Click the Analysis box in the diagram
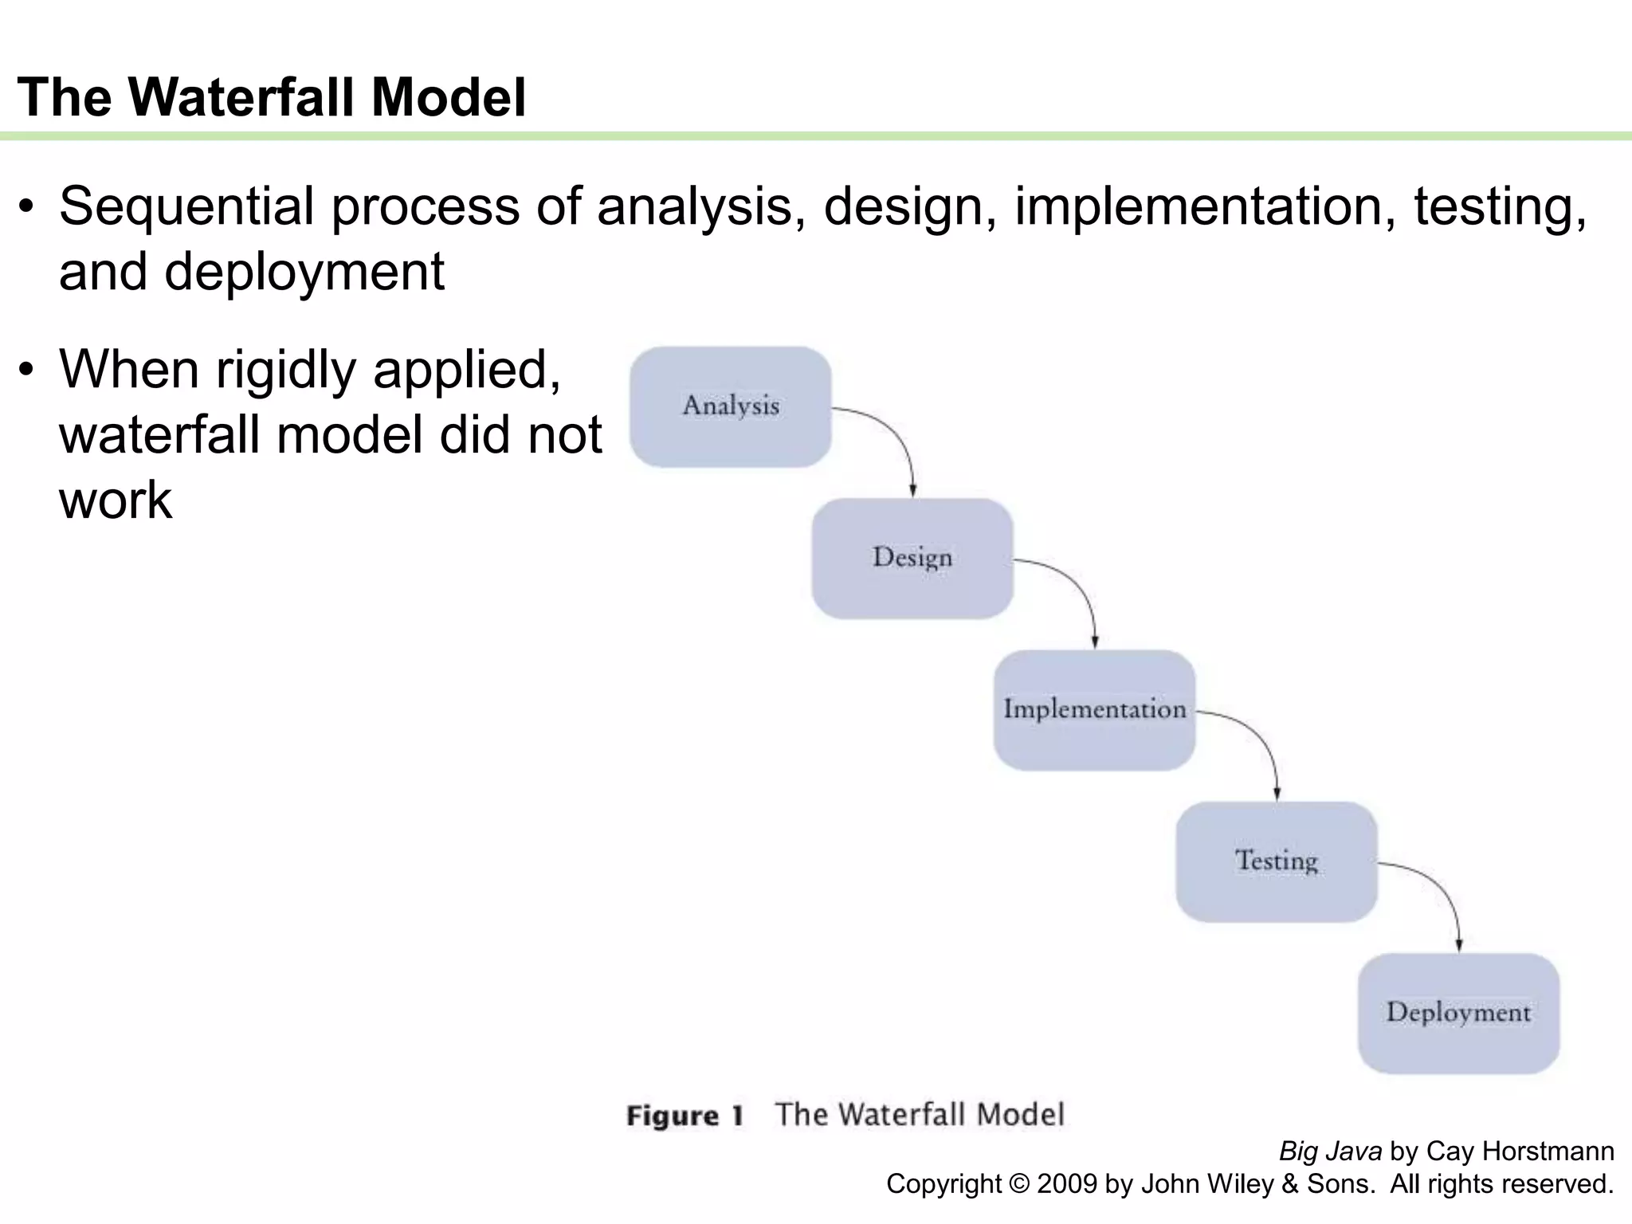(x=730, y=406)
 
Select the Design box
(x=912, y=558)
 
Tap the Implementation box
(x=1093, y=709)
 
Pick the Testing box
(x=1276, y=861)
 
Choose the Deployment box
(x=1458, y=1013)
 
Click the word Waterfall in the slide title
(x=242, y=97)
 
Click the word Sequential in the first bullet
(x=186, y=206)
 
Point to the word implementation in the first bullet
(x=1205, y=206)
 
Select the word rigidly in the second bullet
(x=285, y=371)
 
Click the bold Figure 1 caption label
(x=685, y=1116)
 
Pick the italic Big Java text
(x=1330, y=1151)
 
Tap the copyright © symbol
(x=1019, y=1184)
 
